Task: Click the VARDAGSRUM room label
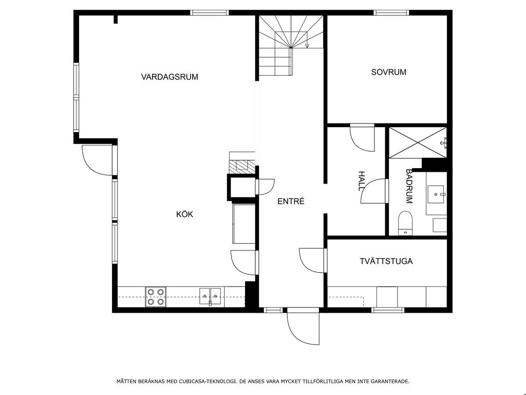click(x=170, y=77)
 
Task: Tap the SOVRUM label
click(x=388, y=72)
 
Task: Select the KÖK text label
click(x=184, y=214)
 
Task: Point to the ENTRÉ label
click(x=291, y=201)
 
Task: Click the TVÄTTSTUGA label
click(x=386, y=261)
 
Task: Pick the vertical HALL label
click(x=361, y=181)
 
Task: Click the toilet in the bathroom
click(x=405, y=223)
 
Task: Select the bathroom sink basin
click(x=436, y=194)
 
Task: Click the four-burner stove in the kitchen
click(x=156, y=297)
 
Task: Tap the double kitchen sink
click(x=210, y=296)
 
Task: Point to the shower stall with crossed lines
click(x=418, y=142)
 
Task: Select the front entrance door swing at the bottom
click(x=303, y=327)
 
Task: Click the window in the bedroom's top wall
click(x=391, y=13)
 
